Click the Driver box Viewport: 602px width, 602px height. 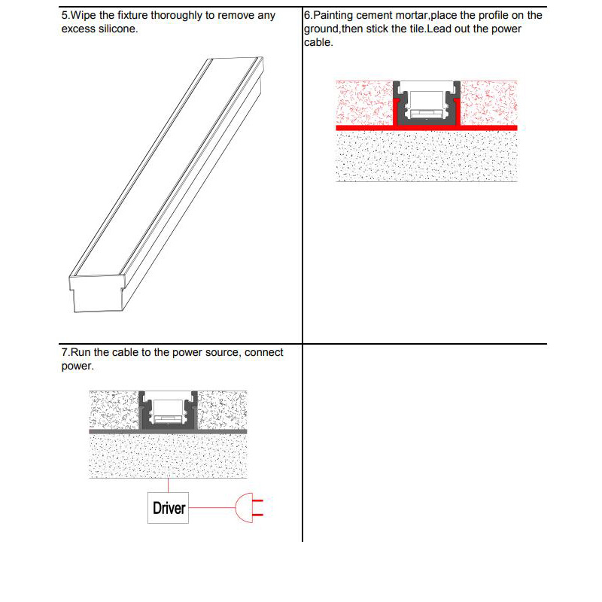tap(169, 508)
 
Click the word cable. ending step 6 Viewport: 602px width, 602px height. tap(318, 41)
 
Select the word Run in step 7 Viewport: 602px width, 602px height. tap(82, 352)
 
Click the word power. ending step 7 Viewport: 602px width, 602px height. tap(77, 366)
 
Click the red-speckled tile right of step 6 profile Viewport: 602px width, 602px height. tap(489, 101)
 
